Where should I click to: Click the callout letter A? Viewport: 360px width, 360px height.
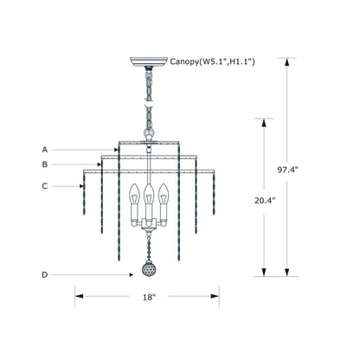tap(45, 150)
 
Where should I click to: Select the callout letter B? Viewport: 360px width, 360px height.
tap(45, 164)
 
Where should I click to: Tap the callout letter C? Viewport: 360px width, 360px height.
tap(45, 186)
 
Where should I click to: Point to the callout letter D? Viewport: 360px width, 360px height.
tap(45, 275)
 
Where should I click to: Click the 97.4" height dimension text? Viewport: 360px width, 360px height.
tap(287, 170)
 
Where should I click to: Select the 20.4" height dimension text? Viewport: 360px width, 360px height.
tap(264, 201)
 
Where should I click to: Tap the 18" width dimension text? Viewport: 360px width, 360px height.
tap(149, 297)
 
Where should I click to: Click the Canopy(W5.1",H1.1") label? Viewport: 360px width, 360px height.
tap(212, 61)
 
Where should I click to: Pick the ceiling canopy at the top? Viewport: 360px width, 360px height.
tap(149, 61)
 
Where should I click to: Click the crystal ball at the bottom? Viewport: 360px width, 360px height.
tap(149, 270)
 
